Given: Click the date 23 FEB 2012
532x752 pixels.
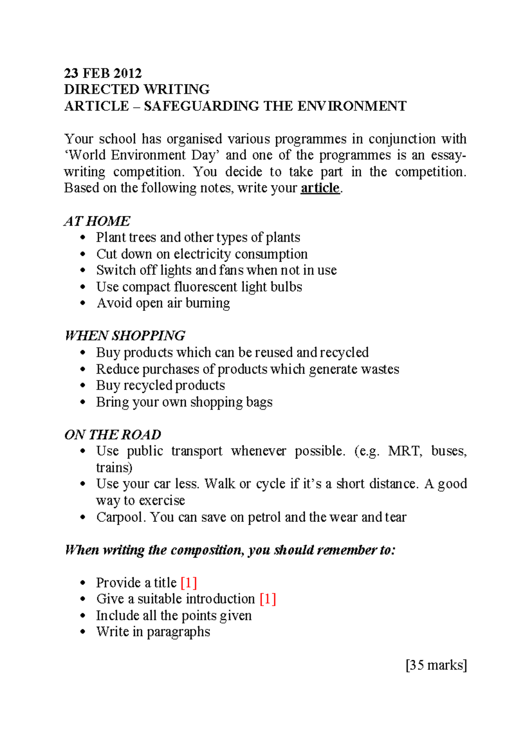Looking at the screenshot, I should click(x=103, y=73).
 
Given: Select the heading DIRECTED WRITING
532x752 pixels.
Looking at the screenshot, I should click(x=137, y=90).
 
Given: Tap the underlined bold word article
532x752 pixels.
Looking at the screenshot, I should click(x=320, y=188).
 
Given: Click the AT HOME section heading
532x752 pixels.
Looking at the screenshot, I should click(x=97, y=221).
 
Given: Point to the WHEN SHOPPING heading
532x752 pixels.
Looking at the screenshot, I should click(x=125, y=336).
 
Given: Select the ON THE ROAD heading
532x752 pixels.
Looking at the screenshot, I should click(x=113, y=435).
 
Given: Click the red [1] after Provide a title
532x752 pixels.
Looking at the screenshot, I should click(x=189, y=583).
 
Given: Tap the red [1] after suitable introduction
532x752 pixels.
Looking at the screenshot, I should click(x=268, y=599).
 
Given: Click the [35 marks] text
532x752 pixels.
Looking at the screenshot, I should click(x=436, y=665).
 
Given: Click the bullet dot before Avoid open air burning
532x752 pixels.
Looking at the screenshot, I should click(x=82, y=303).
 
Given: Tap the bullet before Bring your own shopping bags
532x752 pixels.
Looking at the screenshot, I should click(x=82, y=402).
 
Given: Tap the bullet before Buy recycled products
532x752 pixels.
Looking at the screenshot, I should click(x=82, y=386).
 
